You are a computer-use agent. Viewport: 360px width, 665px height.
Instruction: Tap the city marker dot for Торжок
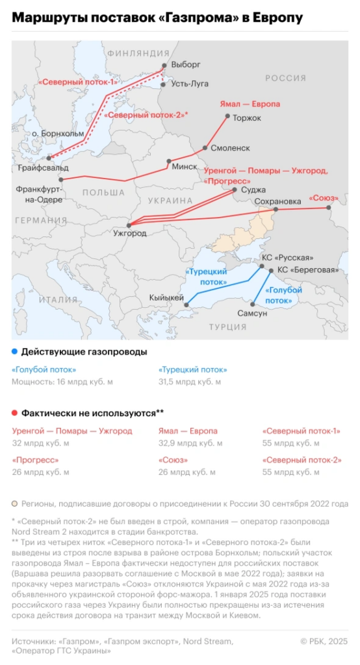point(227,117)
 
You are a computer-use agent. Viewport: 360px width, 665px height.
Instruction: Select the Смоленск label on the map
point(231,148)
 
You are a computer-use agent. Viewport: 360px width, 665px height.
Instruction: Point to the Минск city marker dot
point(169,160)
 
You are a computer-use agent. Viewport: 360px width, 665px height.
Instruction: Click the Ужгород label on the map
point(129,233)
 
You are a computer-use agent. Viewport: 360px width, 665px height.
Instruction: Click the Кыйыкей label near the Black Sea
point(165,297)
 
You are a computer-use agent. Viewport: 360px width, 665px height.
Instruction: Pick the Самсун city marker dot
point(253,304)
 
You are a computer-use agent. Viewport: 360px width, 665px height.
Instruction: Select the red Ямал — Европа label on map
point(251,105)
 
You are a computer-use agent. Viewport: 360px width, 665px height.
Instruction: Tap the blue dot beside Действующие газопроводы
point(15,351)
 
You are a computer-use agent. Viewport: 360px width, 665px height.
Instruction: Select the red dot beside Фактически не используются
point(15,412)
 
